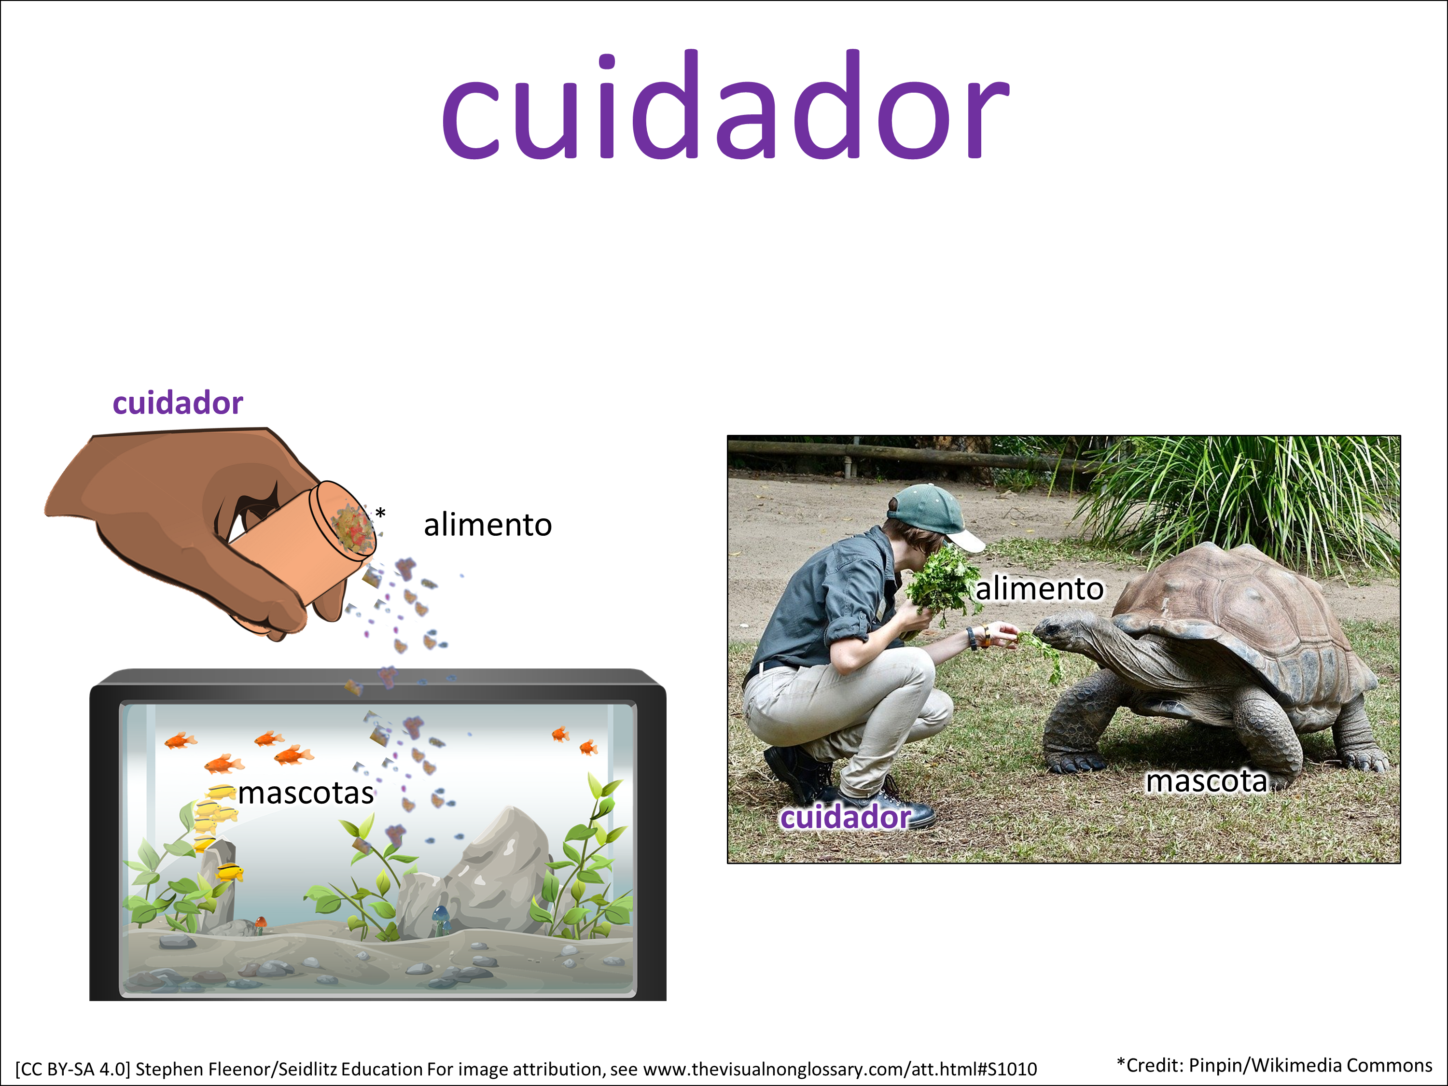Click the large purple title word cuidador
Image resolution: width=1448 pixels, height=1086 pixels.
click(x=725, y=105)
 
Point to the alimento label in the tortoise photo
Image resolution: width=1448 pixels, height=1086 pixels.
click(x=1040, y=588)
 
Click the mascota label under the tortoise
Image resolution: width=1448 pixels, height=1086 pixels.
click(x=1207, y=781)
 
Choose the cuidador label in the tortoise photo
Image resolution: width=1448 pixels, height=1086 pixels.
click(x=845, y=817)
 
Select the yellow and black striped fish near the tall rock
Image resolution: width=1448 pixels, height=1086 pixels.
click(x=229, y=873)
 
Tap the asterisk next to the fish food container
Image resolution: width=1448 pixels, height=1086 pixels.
click(x=380, y=513)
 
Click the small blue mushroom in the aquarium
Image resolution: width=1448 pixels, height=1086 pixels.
click(x=441, y=917)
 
